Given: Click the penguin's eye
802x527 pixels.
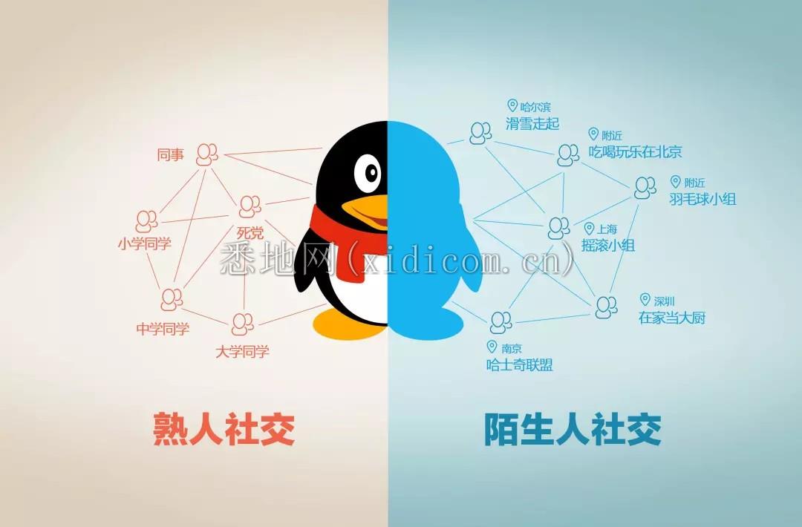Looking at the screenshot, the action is (368, 172).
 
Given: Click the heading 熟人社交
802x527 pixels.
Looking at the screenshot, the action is (224, 429).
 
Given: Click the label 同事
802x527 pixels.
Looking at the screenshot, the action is (170, 154).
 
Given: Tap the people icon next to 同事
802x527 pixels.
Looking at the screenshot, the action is (206, 154).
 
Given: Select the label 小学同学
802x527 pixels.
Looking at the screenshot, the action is (145, 243).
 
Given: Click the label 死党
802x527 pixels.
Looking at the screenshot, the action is (250, 233).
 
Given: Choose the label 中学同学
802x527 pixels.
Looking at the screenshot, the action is (163, 329).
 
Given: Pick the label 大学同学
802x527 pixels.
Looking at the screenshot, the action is (242, 352).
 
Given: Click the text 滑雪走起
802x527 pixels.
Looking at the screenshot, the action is (532, 124).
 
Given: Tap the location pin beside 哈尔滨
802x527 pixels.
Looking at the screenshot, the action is (512, 106).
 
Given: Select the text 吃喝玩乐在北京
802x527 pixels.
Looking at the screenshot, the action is (635, 152).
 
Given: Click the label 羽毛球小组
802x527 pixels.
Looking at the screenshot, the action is (702, 199).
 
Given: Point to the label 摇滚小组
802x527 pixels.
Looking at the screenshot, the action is (608, 246).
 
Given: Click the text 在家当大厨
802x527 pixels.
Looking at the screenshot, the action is (672, 318).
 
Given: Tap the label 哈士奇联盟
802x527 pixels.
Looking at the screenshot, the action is (519, 365).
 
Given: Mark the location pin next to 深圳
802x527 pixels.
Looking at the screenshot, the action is (645, 300).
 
